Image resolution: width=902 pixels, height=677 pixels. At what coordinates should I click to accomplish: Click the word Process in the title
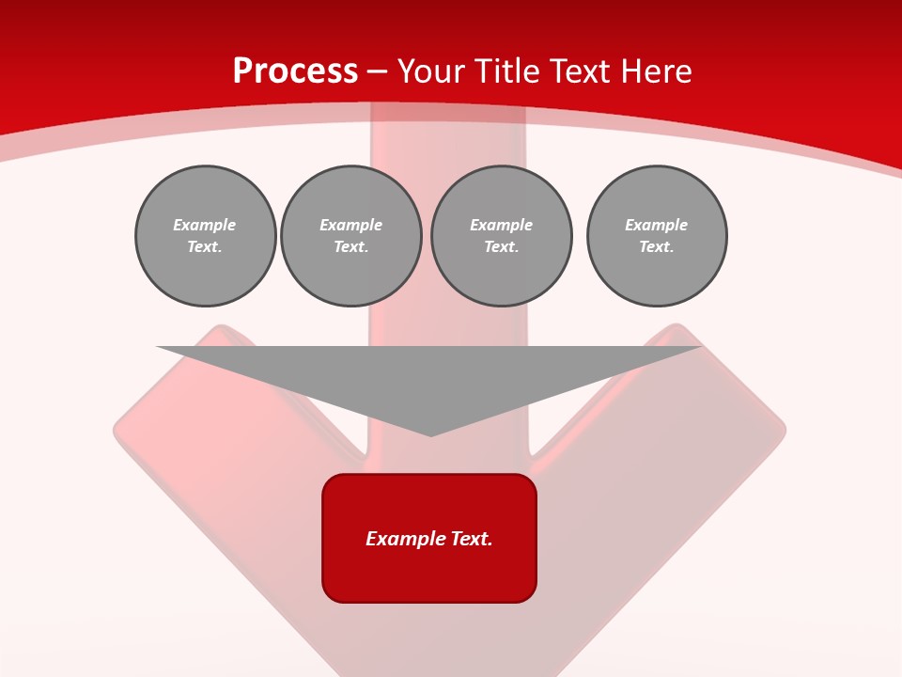pyautogui.click(x=295, y=71)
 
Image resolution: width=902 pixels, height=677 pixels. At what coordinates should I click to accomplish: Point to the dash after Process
pyautogui.click(x=378, y=71)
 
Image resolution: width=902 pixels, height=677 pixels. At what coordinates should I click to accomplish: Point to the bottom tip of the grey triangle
pyautogui.click(x=430, y=434)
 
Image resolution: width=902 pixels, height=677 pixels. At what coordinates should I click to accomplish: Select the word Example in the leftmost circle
pyautogui.click(x=205, y=225)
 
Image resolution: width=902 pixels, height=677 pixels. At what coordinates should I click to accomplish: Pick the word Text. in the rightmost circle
pyautogui.click(x=657, y=246)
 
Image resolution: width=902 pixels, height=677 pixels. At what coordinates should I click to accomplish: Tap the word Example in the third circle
pyautogui.click(x=501, y=225)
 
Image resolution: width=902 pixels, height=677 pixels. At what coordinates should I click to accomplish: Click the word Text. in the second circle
pyautogui.click(x=351, y=246)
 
